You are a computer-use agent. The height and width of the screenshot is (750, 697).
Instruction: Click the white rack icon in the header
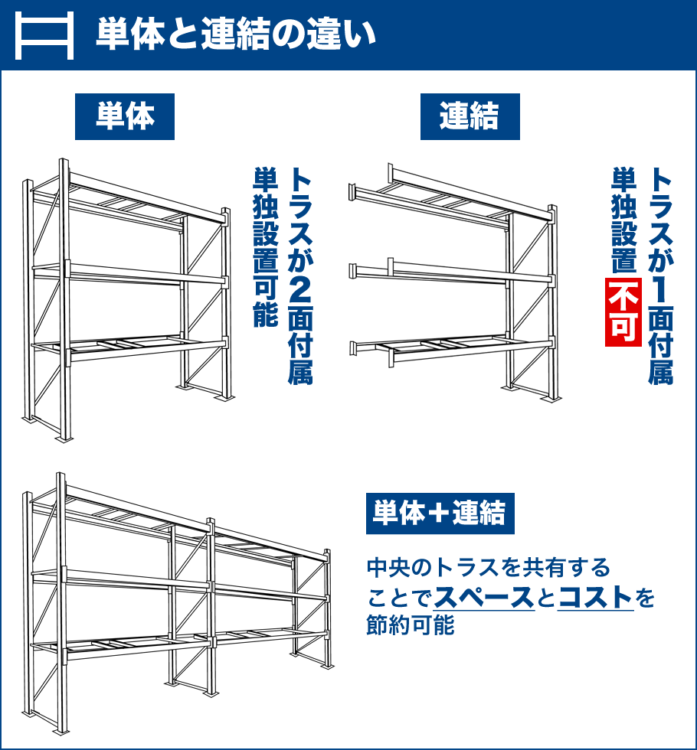pos(44,35)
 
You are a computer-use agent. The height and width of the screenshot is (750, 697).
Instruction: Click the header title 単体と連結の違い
pos(236,34)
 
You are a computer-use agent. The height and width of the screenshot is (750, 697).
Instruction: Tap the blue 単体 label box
pos(124,116)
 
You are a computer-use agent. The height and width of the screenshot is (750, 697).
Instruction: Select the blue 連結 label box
pos(470,116)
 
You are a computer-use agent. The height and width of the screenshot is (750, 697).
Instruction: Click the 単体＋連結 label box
pos(440,514)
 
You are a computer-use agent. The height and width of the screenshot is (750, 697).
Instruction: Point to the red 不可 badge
pos(623,312)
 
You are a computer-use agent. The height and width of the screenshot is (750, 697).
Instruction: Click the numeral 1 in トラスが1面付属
pos(660,289)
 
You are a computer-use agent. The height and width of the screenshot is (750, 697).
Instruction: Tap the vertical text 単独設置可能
pos(266,246)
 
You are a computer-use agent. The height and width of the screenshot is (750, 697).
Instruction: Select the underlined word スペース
pos(483,597)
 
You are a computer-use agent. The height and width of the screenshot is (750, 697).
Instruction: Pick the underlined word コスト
pos(596,597)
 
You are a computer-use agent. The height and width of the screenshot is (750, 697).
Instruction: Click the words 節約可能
pos(411,624)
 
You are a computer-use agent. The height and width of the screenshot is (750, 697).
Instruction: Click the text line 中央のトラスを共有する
pos(489,568)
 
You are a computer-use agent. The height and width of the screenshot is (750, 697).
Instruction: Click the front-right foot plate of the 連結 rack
pos(551,399)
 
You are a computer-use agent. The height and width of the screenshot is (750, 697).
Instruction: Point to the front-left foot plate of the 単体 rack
pos(64,439)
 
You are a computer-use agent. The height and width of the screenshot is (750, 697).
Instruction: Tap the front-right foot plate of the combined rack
pos(327,667)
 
